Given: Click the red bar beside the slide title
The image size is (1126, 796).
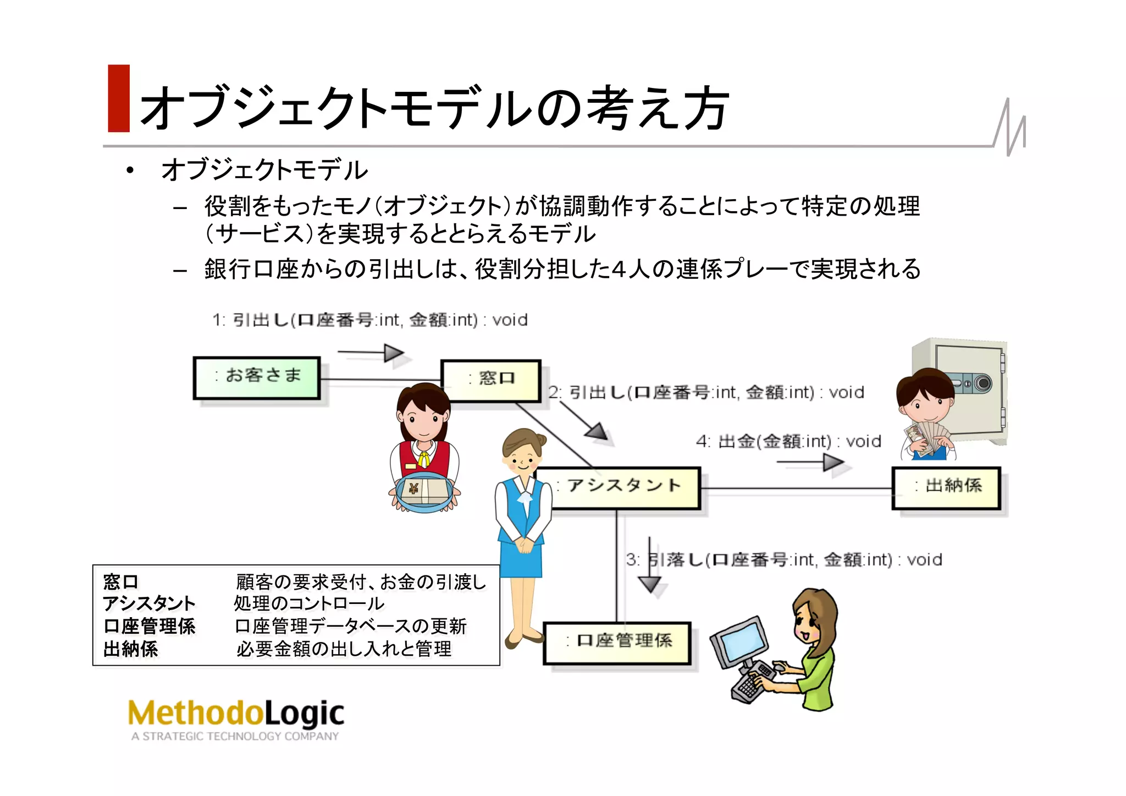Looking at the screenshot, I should (x=119, y=98).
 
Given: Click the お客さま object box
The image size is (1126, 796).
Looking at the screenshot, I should (x=257, y=377).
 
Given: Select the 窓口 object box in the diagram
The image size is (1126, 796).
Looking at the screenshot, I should (x=491, y=380).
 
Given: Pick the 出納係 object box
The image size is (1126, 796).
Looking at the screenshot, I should (x=946, y=487).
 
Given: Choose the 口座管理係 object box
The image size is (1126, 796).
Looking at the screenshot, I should (x=617, y=643).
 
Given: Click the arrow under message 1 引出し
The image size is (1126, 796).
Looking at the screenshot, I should (x=372, y=353).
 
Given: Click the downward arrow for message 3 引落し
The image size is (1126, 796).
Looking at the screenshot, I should (x=650, y=567).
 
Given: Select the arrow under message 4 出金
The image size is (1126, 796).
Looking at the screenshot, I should (x=810, y=463).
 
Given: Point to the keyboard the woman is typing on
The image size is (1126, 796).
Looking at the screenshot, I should (x=753, y=682).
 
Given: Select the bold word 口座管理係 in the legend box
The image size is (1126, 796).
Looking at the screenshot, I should (x=150, y=627).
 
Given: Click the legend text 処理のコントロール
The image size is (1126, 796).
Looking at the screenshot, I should (x=309, y=603).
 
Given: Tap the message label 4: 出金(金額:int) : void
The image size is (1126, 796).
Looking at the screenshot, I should (x=788, y=442).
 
